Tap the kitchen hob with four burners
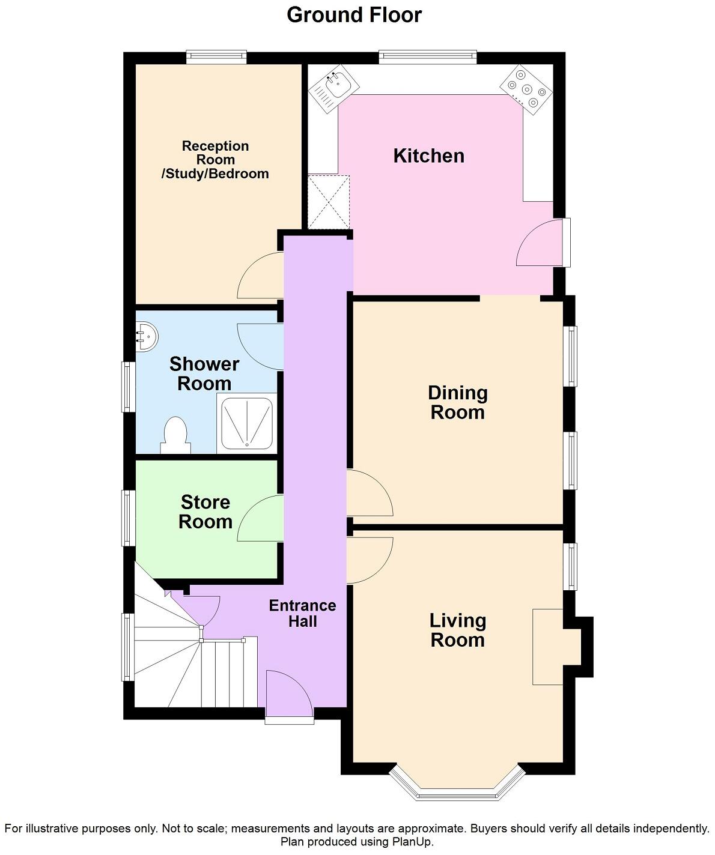click(526, 89)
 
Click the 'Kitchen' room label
click(428, 156)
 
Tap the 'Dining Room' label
click(457, 402)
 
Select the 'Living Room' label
click(457, 630)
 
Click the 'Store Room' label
click(205, 512)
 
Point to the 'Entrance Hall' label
click(302, 613)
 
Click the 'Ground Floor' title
click(354, 15)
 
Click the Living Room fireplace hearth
click(548, 646)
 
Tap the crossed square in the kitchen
click(328, 201)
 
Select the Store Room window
click(127, 518)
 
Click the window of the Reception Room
click(216, 57)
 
